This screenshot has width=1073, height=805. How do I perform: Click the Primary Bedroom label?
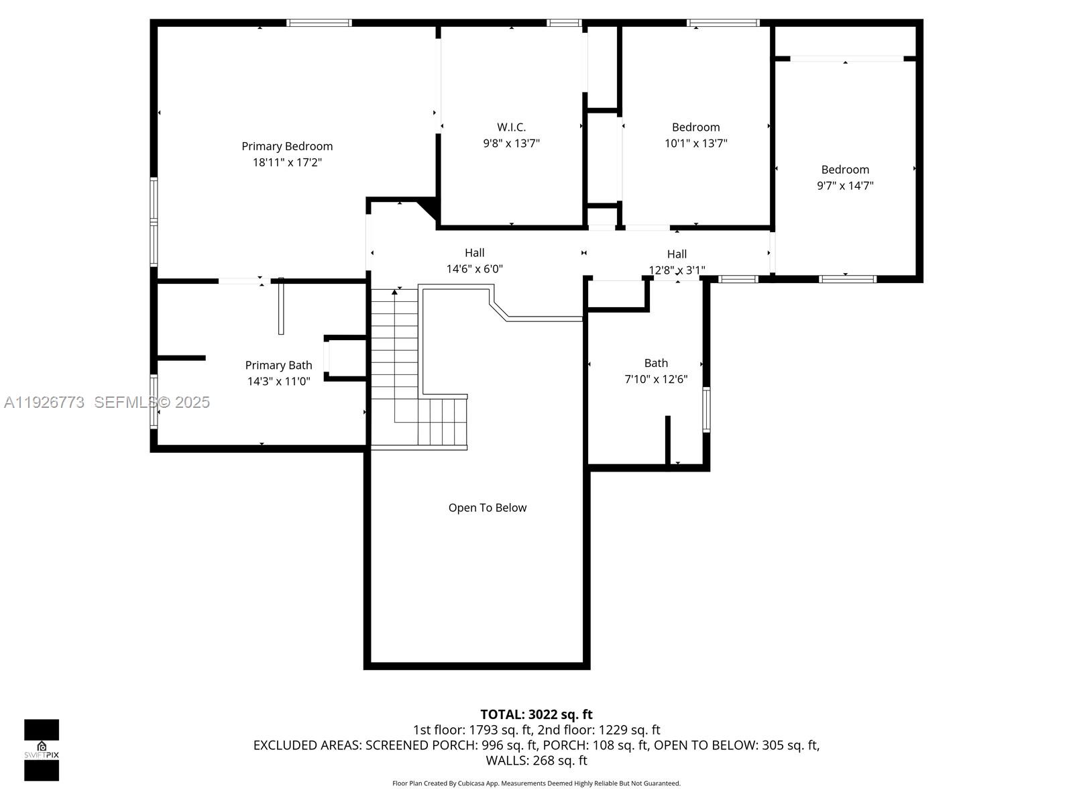(287, 146)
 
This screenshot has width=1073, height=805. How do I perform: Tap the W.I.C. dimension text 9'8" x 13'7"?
(511, 143)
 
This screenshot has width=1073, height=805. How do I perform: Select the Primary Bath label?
(278, 365)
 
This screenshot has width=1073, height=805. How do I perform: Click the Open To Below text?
(487, 508)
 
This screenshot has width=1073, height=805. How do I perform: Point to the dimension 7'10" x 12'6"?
(655, 379)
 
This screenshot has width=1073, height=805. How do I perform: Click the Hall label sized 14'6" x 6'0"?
(474, 253)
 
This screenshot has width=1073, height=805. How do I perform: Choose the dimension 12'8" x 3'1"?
(676, 270)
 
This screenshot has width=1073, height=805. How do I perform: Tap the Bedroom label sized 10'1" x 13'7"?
(695, 127)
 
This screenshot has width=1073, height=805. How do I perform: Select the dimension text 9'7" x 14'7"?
(844, 186)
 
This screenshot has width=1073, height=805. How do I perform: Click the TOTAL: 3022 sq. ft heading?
(536, 714)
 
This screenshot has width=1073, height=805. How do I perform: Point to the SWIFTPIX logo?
(42, 750)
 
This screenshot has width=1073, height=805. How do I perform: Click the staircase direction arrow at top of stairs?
(394, 292)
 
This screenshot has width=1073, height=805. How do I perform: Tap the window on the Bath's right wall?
(706, 409)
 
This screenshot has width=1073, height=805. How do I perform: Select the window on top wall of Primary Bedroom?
(319, 23)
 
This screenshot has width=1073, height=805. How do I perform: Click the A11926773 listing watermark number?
(44, 402)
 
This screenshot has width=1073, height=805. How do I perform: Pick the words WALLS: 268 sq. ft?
(536, 760)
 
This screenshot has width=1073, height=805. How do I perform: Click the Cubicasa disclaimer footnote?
(536, 784)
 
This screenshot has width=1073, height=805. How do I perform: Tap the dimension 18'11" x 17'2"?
(287, 162)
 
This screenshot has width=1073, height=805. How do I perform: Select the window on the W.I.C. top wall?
(563, 23)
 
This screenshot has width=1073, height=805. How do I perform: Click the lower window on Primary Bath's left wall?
(154, 401)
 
